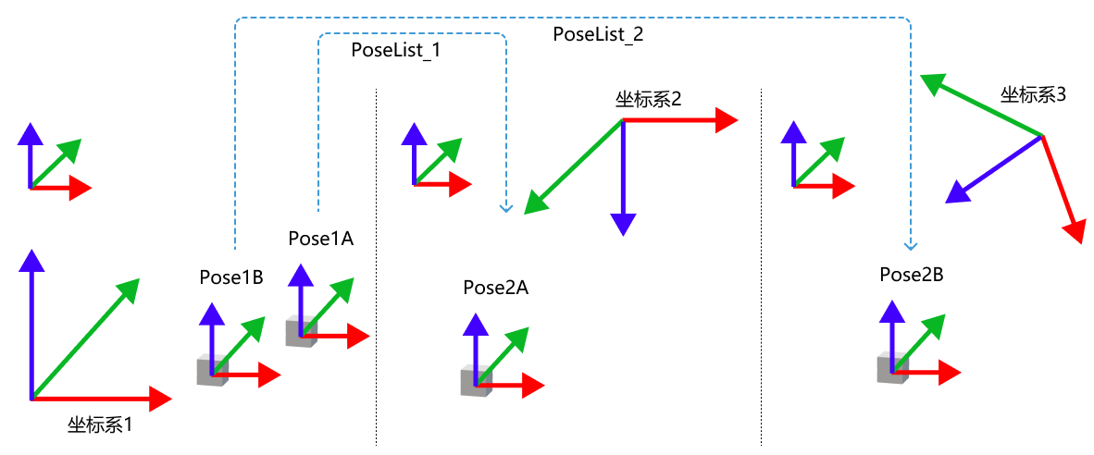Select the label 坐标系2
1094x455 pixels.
click(649, 100)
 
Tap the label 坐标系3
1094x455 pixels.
click(1034, 94)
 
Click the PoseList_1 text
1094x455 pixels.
click(396, 51)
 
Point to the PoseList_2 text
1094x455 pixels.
click(598, 35)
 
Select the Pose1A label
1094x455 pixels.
click(320, 239)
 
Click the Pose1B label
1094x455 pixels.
click(231, 277)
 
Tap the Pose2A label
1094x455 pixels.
click(496, 288)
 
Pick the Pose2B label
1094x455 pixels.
click(912, 275)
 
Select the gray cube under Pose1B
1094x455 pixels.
click(210, 372)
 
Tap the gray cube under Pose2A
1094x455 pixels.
click(475, 382)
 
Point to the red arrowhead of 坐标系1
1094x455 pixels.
click(161, 399)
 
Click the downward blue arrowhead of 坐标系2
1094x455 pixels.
click(623, 224)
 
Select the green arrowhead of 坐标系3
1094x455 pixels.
click(930, 84)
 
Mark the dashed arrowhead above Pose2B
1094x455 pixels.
click(910, 246)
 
